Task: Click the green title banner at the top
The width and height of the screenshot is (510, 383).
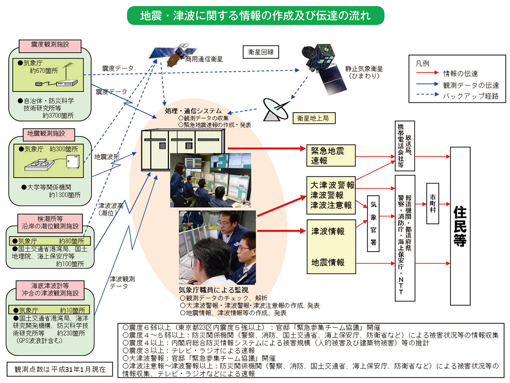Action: pos(255,16)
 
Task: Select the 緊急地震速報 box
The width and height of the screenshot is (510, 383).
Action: pos(331,156)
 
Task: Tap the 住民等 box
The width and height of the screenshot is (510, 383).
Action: pos(460,226)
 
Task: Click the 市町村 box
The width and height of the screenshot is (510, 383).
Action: pos(432,203)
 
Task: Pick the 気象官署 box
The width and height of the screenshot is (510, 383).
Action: pos(373,223)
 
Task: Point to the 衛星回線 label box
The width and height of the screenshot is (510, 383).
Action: pos(261,52)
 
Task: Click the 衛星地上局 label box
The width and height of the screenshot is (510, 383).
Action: pos(313,118)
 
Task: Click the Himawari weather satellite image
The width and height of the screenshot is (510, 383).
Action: pos(322,68)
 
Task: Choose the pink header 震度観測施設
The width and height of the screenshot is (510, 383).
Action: pos(50,45)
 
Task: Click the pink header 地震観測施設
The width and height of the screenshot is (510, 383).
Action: pos(46,134)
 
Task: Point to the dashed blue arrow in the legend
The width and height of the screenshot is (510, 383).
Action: pos(427,95)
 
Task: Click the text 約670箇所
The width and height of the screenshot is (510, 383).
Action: pos(44,71)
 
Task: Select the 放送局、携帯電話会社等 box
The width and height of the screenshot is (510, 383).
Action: pos(404,146)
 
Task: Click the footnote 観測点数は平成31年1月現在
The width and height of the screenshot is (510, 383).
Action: pos(60,369)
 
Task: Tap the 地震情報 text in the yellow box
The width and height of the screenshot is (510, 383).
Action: pos(328,262)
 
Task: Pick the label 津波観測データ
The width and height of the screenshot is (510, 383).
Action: pos(122,282)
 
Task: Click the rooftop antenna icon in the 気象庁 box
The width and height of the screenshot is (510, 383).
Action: pos(68,68)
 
